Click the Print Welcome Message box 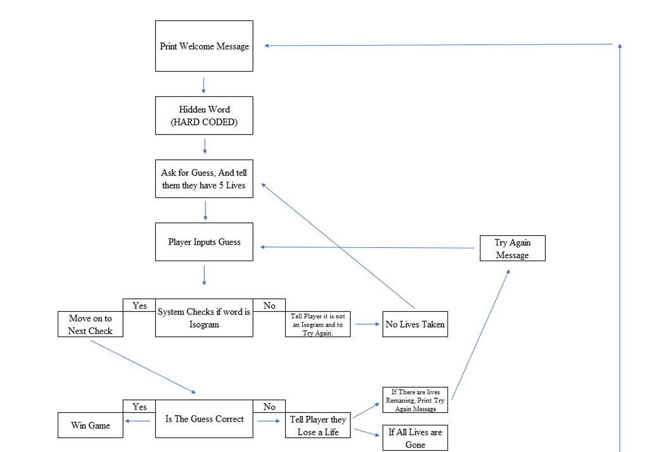click(204, 46)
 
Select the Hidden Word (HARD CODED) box click(204, 115)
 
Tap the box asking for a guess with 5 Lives click(204, 179)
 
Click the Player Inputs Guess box click(204, 242)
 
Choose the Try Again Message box click(512, 249)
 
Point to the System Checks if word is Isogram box click(204, 318)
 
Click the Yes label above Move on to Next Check click(139, 306)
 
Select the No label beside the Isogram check click(269, 306)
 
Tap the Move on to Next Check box click(90, 325)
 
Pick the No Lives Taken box click(415, 325)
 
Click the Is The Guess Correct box click(204, 419)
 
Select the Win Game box click(90, 425)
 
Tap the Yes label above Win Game click(139, 406)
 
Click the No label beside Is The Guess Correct click(269, 406)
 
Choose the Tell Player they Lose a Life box click(318, 425)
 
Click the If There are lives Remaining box click(415, 401)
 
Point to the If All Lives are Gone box click(415, 438)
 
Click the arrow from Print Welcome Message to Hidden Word click(204, 85)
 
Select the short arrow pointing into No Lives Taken click(367, 324)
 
